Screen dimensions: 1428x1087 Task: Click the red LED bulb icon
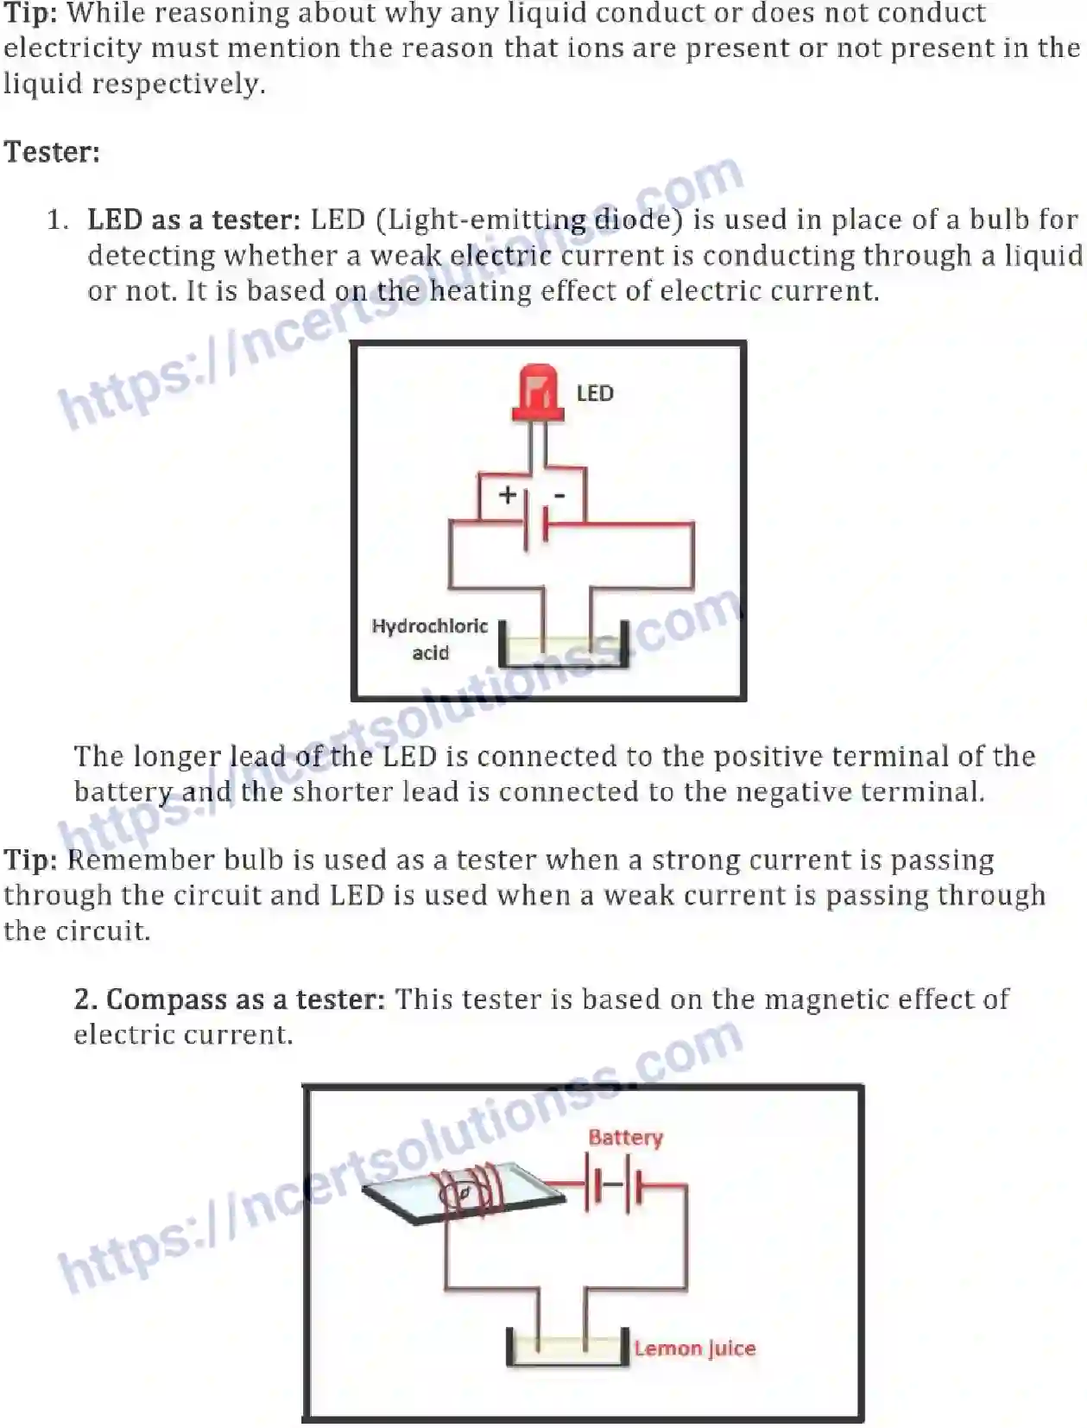(x=538, y=393)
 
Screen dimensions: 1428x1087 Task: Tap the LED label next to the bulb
(x=594, y=394)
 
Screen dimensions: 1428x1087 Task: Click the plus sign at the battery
(x=508, y=494)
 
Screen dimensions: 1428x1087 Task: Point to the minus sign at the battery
(x=559, y=495)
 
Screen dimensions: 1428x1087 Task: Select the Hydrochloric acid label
(x=429, y=638)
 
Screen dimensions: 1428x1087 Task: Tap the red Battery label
(x=625, y=1138)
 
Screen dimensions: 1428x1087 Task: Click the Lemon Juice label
(x=694, y=1349)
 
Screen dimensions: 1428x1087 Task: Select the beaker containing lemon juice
(x=566, y=1347)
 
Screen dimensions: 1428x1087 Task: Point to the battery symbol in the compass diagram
(x=615, y=1185)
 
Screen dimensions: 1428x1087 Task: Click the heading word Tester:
(x=52, y=152)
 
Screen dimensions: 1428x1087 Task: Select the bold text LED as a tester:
(x=193, y=219)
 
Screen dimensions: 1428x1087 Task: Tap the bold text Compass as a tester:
(x=229, y=1000)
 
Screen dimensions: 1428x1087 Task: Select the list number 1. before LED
(x=57, y=219)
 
